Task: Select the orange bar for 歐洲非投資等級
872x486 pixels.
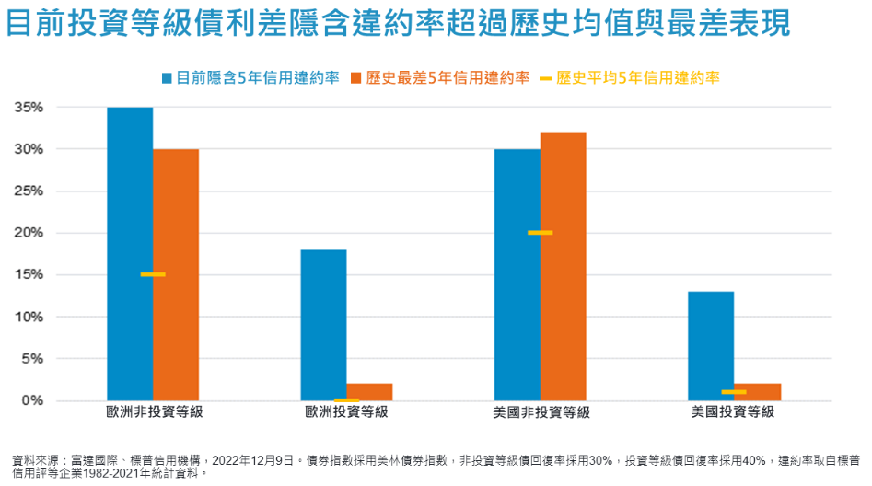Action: coord(176,274)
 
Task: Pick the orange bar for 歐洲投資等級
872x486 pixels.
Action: coord(369,391)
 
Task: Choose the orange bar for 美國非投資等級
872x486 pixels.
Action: coord(563,266)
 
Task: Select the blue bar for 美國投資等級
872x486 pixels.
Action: coord(711,345)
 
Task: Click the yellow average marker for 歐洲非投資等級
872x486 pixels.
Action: coord(153,274)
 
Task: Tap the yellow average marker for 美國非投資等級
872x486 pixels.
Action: coord(541,233)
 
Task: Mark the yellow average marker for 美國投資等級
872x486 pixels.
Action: coord(734,392)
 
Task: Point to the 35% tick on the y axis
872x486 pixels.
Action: coord(28,107)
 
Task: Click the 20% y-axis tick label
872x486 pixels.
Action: coord(28,233)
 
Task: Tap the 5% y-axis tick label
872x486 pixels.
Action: coord(31,358)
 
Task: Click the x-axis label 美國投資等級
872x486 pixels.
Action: coord(734,412)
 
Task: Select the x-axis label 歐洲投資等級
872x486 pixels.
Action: coord(346,412)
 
